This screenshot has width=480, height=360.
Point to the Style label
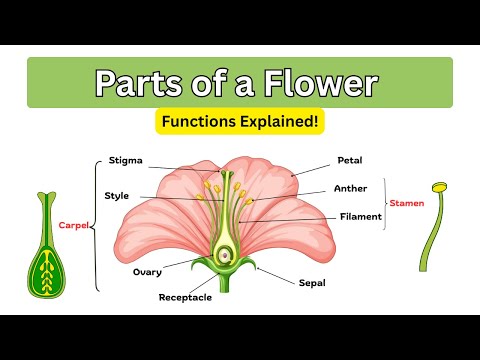pos(117,195)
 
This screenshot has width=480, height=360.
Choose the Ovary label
pos(148,271)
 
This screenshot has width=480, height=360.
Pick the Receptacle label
pos(184,297)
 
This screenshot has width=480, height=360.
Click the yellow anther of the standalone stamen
pos(438,187)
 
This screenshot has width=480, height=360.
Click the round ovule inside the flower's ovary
pos(225,255)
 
